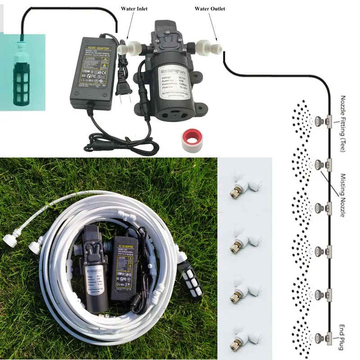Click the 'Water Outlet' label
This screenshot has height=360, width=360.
pyautogui.click(x=210, y=9)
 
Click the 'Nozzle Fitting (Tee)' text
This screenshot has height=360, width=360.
pyautogui.click(x=343, y=123)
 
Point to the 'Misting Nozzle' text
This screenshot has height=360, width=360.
pyautogui.click(x=343, y=195)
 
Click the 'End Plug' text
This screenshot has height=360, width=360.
pyautogui.click(x=343, y=331)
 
